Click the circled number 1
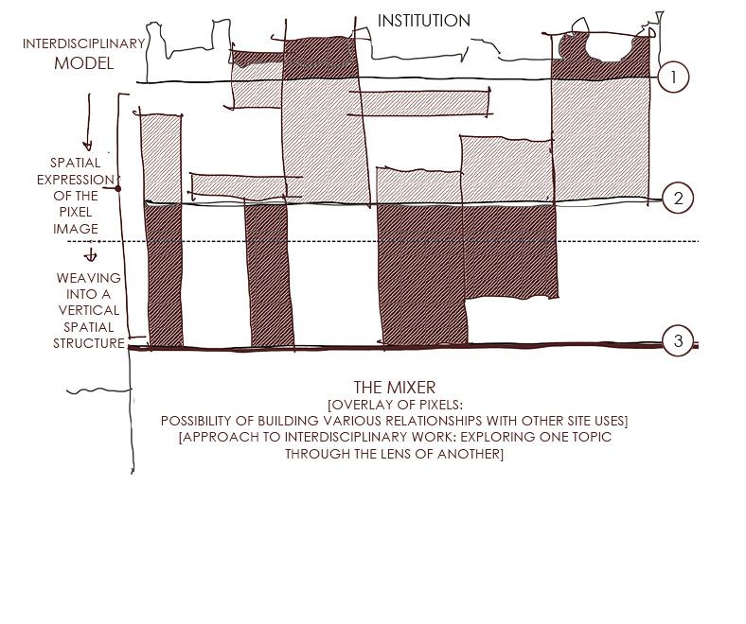click(x=673, y=78)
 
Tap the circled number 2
click(x=678, y=199)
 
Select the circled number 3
click(x=678, y=341)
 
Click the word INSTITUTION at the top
click(x=423, y=21)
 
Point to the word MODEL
click(x=83, y=63)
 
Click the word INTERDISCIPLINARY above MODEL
click(x=84, y=43)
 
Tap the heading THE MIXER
click(x=395, y=388)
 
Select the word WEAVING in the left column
click(x=89, y=278)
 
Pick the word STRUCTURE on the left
click(x=89, y=343)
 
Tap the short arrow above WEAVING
click(x=91, y=254)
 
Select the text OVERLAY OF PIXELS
click(x=397, y=405)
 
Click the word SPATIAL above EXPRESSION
click(x=75, y=163)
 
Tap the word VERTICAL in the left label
click(x=89, y=310)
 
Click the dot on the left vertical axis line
click(x=118, y=188)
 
